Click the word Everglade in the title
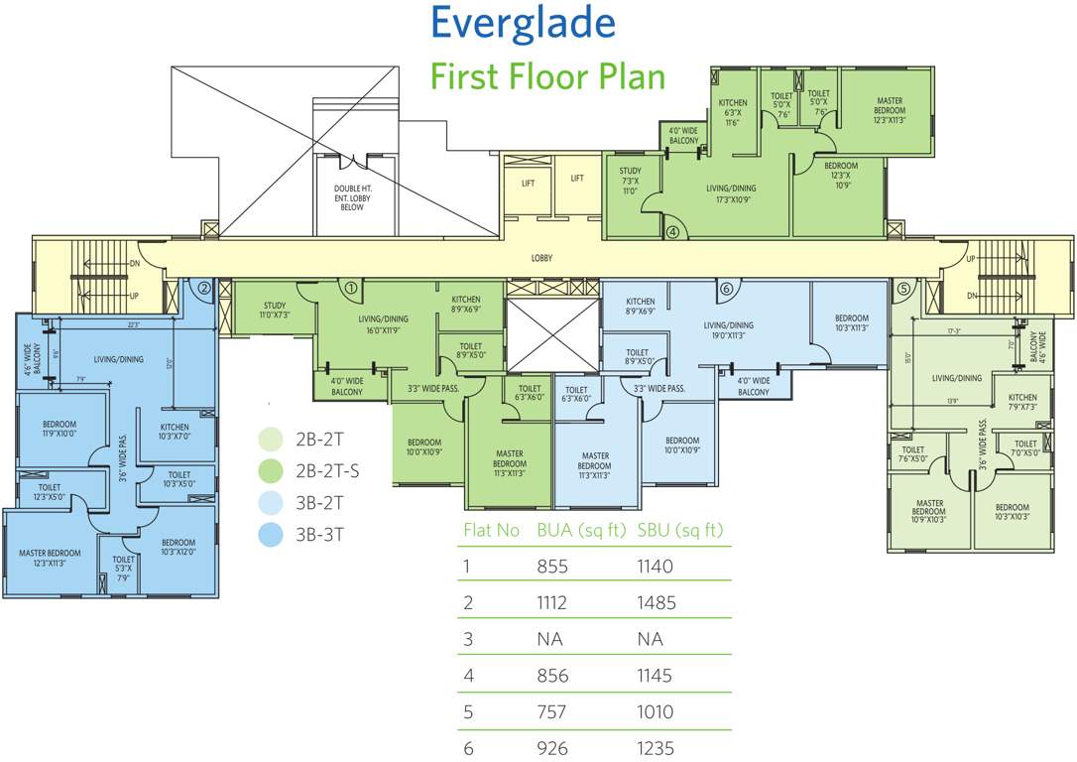coord(523,22)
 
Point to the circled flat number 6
coord(726,289)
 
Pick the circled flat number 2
coord(203,289)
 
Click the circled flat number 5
coord(902,289)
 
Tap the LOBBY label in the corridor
coord(541,259)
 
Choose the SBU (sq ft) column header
coord(681,530)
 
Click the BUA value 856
coord(550,676)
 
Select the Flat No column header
coord(492,530)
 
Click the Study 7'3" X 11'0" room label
coord(631,181)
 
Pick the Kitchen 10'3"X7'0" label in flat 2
coord(180,432)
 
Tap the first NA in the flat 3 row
coord(549,640)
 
